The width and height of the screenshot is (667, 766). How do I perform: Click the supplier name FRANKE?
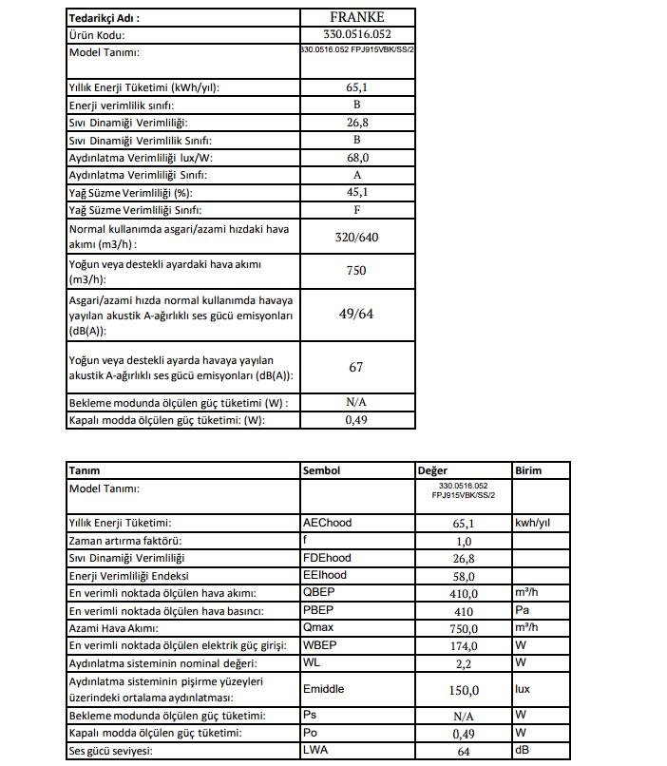click(356, 17)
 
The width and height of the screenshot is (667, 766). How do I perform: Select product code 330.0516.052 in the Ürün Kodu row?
click(356, 34)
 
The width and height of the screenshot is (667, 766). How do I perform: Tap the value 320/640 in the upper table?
click(356, 237)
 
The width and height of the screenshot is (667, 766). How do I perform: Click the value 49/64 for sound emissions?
click(356, 314)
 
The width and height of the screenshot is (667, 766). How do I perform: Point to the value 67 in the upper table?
click(356, 367)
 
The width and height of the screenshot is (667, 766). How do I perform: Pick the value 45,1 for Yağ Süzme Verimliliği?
click(356, 192)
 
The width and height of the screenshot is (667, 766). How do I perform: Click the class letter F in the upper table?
click(356, 209)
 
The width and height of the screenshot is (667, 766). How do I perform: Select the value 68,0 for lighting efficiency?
click(356, 158)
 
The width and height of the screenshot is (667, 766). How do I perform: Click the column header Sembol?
click(321, 470)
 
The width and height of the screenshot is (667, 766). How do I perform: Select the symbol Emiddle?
click(323, 689)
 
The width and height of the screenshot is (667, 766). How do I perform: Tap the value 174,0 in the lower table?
click(463, 645)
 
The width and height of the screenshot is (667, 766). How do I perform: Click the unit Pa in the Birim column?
click(522, 610)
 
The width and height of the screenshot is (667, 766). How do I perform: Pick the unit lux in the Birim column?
click(524, 689)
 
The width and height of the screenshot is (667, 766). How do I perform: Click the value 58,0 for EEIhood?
click(463, 575)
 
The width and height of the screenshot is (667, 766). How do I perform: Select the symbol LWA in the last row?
click(314, 751)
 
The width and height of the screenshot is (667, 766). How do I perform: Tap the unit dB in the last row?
click(522, 751)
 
